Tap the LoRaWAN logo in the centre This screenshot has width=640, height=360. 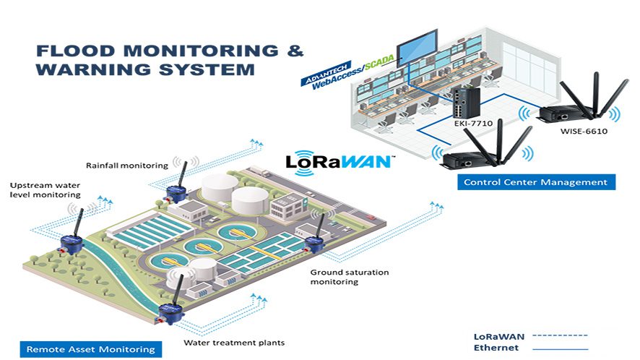339,160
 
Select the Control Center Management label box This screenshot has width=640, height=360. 535,182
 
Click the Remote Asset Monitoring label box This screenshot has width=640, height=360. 90,348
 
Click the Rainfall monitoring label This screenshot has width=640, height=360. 126,165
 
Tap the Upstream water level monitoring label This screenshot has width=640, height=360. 45,190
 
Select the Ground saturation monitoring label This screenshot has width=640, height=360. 349,277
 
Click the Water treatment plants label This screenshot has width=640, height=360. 234,342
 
